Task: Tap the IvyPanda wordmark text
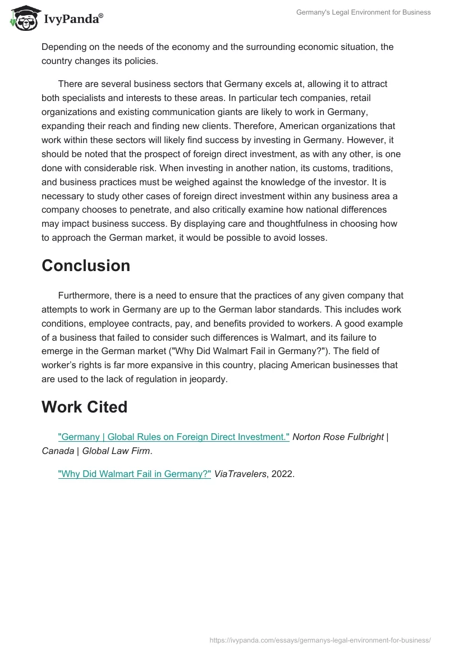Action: coord(72,20)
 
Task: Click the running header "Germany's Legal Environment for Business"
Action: coord(364,12)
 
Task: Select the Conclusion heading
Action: coord(86,265)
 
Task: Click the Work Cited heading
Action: coord(84,407)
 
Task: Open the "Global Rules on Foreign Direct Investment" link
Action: coord(174,437)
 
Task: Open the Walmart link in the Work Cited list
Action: coord(135,474)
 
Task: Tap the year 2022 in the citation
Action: coord(282,474)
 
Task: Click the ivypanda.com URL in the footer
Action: coord(320,640)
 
